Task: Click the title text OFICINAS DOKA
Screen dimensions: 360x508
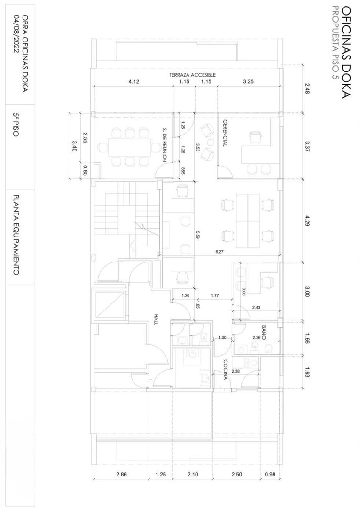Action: tap(346, 52)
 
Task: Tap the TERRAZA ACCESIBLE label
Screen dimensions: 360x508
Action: tap(192, 75)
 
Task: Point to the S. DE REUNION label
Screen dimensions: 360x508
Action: tap(164, 145)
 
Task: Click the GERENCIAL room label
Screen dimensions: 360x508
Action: tap(225, 133)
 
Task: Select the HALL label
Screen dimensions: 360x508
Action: tap(156, 319)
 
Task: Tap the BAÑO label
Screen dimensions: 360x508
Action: tap(263, 333)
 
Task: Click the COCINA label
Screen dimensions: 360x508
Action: tap(225, 370)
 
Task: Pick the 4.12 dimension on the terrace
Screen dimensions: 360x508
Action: tap(133, 82)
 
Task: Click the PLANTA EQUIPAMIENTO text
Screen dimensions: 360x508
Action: tap(16, 235)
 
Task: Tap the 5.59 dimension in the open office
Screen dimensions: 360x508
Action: tap(198, 235)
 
